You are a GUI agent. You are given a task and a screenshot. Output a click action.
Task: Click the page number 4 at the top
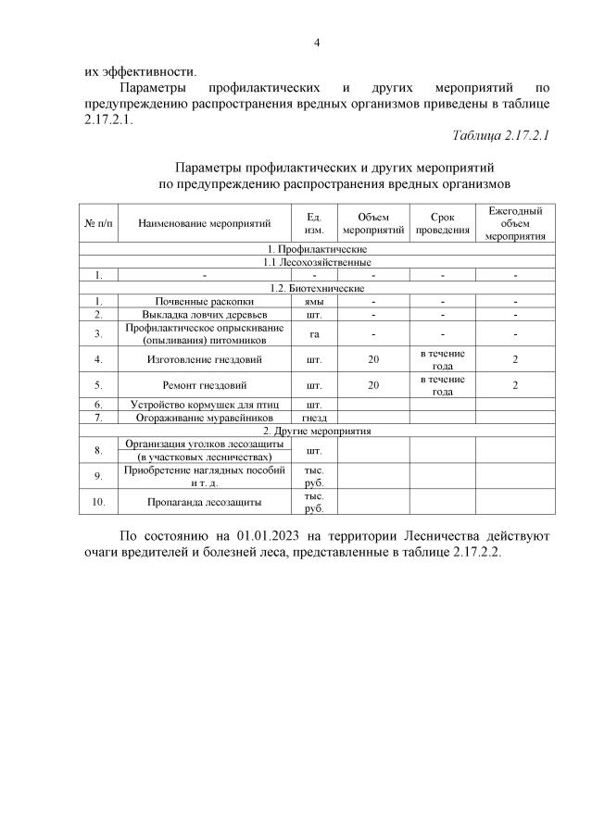317,42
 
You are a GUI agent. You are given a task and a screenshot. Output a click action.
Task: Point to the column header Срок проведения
441,223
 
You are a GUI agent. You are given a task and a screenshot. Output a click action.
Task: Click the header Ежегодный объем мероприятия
515,223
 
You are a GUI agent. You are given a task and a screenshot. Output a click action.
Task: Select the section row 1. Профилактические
317,249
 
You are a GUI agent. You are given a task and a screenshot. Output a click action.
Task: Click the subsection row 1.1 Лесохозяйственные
317,262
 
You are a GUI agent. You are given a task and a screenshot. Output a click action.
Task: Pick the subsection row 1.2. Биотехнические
317,288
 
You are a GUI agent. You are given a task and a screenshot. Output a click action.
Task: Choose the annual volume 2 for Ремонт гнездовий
515,382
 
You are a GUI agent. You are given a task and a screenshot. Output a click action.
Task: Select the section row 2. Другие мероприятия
317,431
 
